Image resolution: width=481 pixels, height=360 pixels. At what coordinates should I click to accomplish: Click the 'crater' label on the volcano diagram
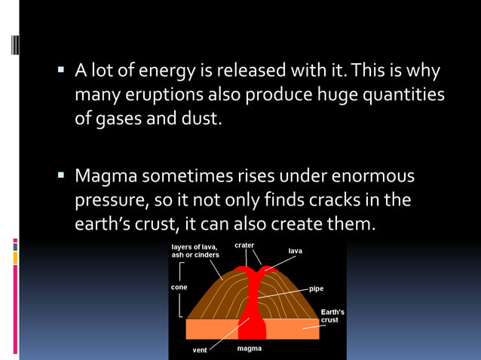[x=244, y=246]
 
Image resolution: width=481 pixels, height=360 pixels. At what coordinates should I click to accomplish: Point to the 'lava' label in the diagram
[x=296, y=250]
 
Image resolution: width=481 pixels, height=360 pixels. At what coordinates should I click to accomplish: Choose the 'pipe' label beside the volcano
[x=316, y=288]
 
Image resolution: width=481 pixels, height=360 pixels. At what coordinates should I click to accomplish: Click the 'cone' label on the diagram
[x=179, y=287]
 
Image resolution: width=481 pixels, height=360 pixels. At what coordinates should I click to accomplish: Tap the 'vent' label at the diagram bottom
[x=199, y=350]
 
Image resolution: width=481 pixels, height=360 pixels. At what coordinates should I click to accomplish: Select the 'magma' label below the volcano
[x=250, y=349]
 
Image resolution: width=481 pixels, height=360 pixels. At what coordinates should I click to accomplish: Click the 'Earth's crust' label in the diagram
[x=332, y=316]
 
